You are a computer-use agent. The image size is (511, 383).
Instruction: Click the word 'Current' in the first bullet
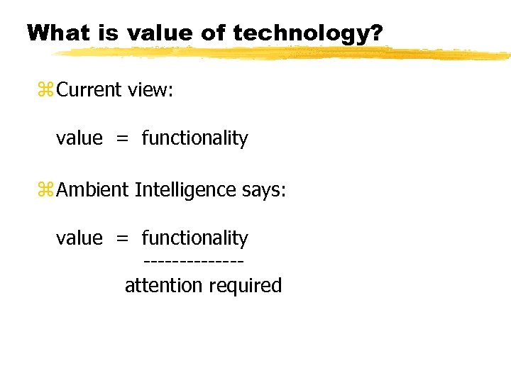pos(90,90)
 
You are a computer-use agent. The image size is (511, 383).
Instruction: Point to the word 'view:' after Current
pos(150,90)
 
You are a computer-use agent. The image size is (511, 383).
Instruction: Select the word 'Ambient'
pos(93,190)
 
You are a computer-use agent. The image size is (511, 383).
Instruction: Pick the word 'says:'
pos(263,190)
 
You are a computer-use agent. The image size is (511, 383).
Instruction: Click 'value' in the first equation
pos(79,138)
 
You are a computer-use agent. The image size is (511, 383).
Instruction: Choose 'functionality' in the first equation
pos(195,138)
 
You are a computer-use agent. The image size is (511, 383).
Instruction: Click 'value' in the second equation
pos(79,238)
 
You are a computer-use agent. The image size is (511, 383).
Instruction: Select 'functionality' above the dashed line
pos(195,238)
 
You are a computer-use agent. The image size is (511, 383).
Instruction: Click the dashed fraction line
pos(194,263)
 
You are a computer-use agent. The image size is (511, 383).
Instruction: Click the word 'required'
pos(246,286)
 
